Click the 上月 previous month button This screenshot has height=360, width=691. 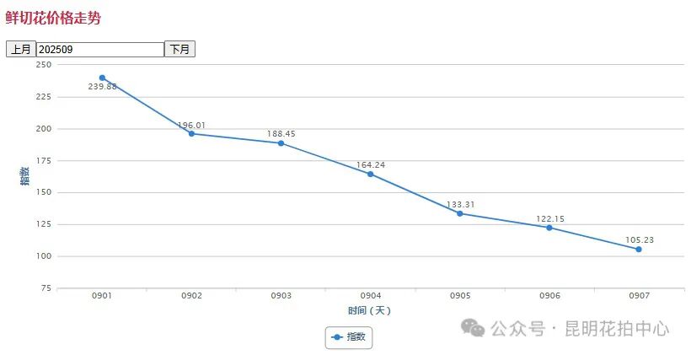[20, 50]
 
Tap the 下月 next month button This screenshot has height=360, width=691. [179, 50]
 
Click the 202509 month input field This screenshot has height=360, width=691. [99, 50]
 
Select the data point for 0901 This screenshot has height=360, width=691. [102, 78]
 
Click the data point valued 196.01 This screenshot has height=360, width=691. [191, 133]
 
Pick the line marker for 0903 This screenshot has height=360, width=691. [281, 143]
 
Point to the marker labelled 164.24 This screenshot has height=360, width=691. [370, 174]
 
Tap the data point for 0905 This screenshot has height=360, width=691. [459, 213]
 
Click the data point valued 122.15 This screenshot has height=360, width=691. [549, 228]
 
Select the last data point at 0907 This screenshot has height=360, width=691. [639, 250]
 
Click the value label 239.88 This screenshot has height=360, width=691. [102, 88]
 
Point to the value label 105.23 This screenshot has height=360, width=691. [639, 239]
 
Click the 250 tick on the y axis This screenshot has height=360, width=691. [44, 65]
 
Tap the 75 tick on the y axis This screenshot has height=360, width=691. [46, 288]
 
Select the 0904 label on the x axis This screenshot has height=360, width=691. [370, 296]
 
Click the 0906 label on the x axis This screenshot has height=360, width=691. [549, 296]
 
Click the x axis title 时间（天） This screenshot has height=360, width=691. [370, 310]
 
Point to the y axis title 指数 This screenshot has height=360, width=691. [25, 175]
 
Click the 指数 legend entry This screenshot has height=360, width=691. [349, 337]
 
